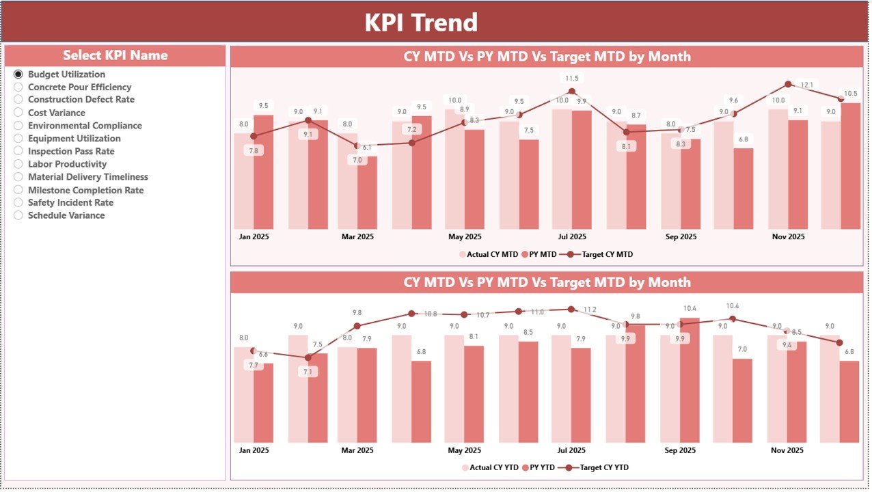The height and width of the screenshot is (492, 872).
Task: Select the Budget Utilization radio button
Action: tap(18, 74)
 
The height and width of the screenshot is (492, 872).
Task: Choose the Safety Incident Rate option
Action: tap(18, 202)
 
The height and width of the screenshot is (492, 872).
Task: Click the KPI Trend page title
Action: tap(420, 23)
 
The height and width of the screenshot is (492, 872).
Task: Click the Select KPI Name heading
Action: tap(115, 55)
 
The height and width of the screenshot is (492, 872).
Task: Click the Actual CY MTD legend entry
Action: tap(488, 254)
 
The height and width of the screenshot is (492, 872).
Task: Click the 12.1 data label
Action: tap(807, 85)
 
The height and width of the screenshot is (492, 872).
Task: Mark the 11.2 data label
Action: tap(590, 310)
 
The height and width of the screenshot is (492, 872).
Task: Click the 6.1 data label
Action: tap(367, 147)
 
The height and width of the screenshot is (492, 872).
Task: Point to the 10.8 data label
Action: tap(431, 314)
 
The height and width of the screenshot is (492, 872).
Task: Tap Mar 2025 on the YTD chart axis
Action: tap(357, 450)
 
